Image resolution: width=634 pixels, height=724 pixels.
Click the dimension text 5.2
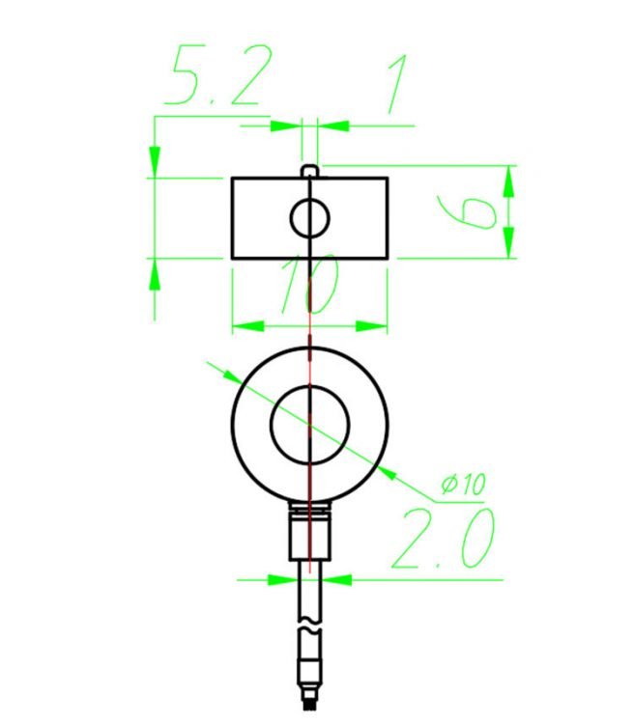(215, 77)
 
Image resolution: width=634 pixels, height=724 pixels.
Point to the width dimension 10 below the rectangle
(307, 287)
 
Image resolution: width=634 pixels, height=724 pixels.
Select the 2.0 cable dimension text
(445, 538)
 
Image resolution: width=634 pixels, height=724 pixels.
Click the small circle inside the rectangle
(309, 218)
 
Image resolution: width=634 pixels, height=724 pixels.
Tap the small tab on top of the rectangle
(309, 171)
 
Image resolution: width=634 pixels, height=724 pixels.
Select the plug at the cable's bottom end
(309, 681)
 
